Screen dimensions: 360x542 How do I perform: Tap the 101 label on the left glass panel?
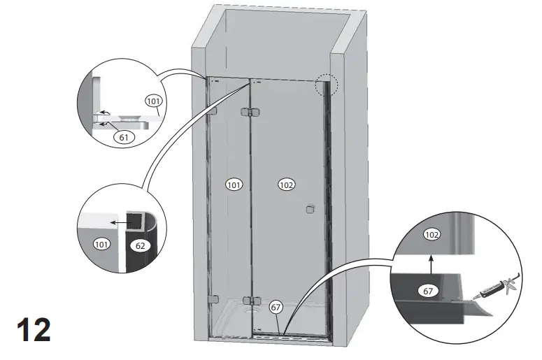point(234,185)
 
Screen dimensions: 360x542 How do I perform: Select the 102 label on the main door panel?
point(286,185)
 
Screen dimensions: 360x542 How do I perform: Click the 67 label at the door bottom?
point(276,305)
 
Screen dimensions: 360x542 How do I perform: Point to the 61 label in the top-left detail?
point(124,138)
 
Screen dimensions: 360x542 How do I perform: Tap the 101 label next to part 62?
point(102,245)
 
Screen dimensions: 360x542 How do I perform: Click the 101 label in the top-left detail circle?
point(153,101)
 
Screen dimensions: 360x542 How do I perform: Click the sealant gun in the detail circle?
point(498,289)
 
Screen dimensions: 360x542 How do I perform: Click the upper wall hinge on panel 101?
point(213,112)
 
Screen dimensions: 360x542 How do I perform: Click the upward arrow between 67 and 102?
point(432,263)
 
